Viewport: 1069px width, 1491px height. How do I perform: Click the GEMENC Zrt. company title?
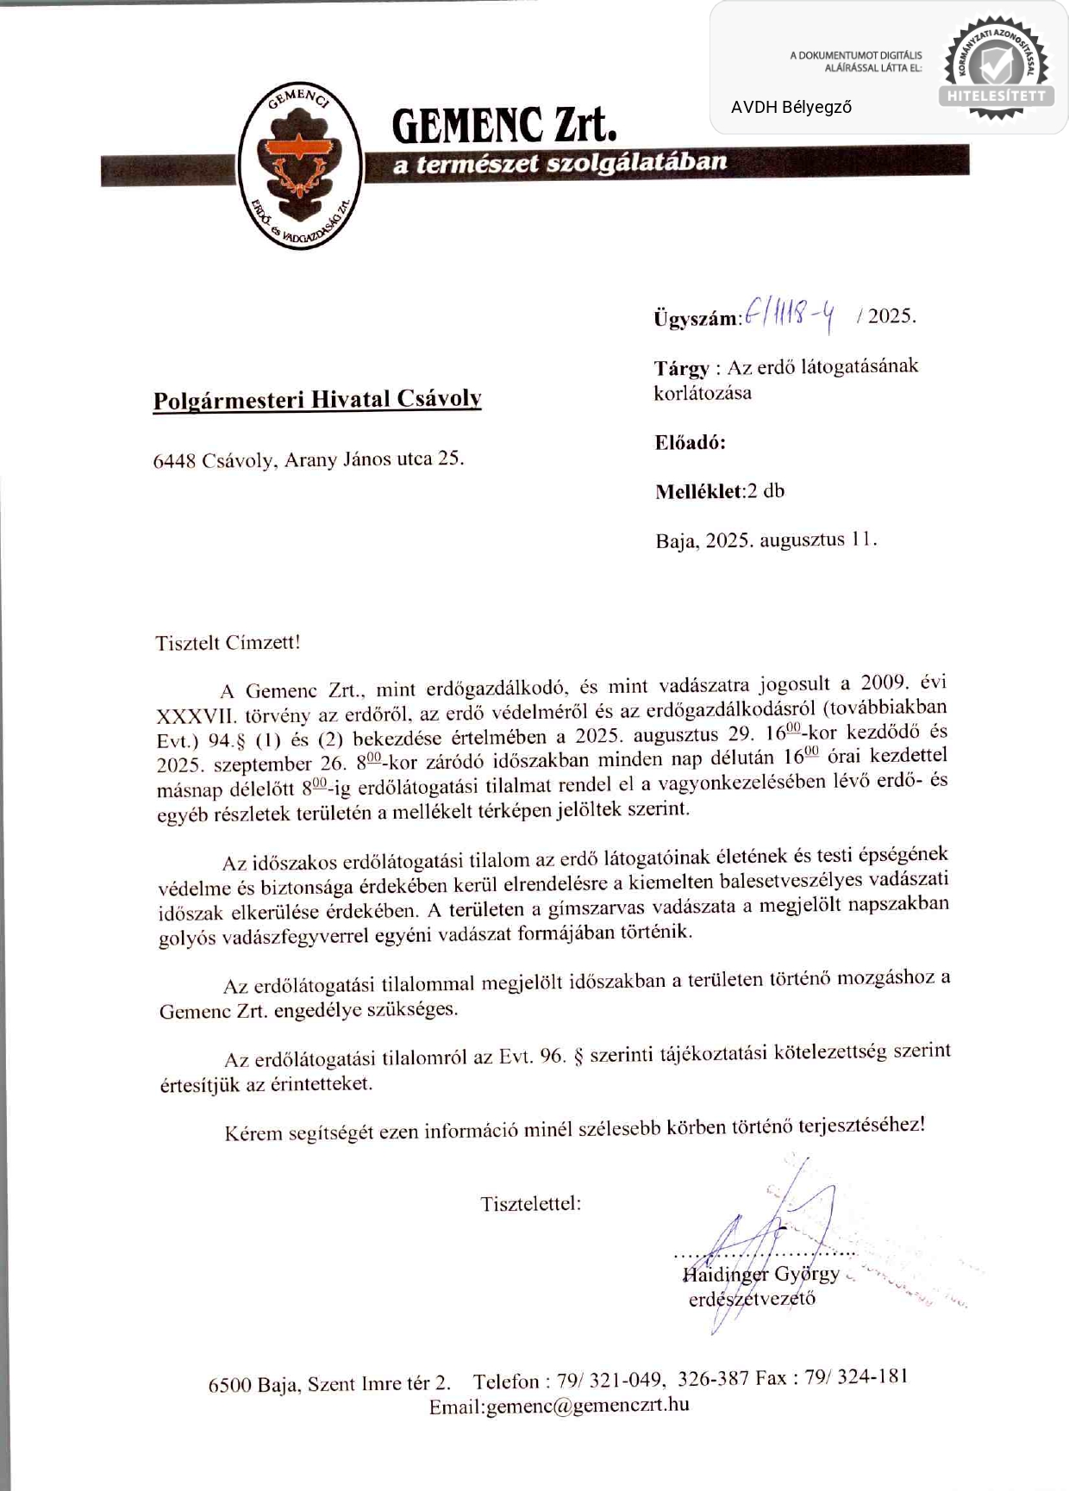[x=504, y=126]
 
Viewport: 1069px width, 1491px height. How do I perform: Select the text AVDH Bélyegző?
[x=791, y=108]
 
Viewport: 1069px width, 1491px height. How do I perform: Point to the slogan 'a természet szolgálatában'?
[x=560, y=163]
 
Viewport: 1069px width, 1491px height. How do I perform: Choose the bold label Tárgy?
[x=681, y=369]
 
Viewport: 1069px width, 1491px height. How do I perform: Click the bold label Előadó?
[x=690, y=443]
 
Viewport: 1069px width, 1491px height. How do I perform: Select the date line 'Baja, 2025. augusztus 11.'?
[x=766, y=541]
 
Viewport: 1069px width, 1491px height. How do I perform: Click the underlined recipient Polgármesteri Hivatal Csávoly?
[x=317, y=400]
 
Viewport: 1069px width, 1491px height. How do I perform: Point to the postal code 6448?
[x=175, y=461]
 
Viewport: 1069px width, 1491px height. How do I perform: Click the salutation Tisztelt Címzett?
[x=228, y=643]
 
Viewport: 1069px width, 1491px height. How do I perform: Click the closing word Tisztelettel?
[x=530, y=1204]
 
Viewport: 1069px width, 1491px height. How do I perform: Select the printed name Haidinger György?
[x=760, y=1274]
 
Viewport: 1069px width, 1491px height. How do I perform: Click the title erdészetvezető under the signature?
[x=752, y=1299]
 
